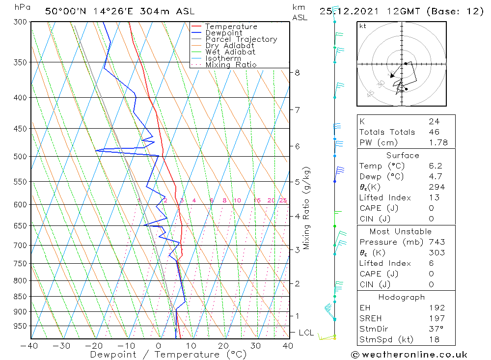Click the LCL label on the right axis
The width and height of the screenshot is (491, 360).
coord(305,333)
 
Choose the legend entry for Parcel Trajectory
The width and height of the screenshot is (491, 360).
coord(241,39)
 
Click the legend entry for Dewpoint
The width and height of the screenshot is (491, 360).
coord(223,33)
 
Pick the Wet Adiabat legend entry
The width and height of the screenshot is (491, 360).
coord(230,52)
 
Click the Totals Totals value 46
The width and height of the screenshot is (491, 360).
coord(434,132)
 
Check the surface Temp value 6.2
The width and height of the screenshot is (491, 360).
coord(435,166)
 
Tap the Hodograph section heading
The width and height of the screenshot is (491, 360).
coord(406,298)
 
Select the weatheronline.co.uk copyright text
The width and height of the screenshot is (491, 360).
coord(409,355)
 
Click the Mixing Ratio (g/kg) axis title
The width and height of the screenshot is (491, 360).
coord(307,208)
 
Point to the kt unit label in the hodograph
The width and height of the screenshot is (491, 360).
coord(362,26)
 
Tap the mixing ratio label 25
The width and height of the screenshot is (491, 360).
coord(283,200)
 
